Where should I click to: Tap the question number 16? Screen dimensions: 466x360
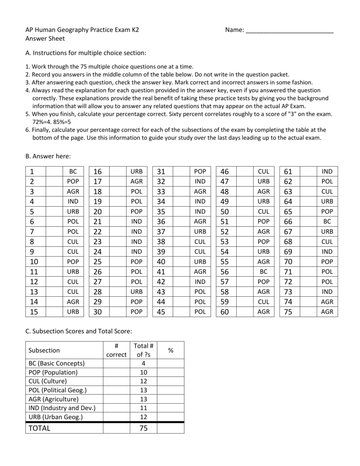(x=97, y=172)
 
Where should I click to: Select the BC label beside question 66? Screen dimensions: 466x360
(x=327, y=222)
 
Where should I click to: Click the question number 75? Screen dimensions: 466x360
(x=288, y=312)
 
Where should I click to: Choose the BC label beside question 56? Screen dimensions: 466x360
(x=264, y=272)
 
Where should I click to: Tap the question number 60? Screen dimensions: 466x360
(x=224, y=312)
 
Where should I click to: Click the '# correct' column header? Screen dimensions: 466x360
(x=116, y=350)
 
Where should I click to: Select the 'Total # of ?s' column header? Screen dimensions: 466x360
(x=143, y=350)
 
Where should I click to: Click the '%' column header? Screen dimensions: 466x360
(x=171, y=350)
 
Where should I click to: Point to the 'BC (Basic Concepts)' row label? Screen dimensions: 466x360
(x=57, y=363)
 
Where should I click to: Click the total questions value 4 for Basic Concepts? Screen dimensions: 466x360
(x=143, y=363)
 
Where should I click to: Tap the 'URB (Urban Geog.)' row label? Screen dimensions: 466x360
(x=56, y=417)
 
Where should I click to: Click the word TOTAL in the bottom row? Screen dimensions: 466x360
(x=40, y=428)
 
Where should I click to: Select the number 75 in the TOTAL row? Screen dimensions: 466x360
(x=143, y=428)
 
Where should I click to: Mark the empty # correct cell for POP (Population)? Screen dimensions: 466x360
(x=116, y=372)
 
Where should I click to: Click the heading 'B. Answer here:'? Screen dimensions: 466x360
(x=48, y=156)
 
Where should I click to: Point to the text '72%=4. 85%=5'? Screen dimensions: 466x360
(x=51, y=122)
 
